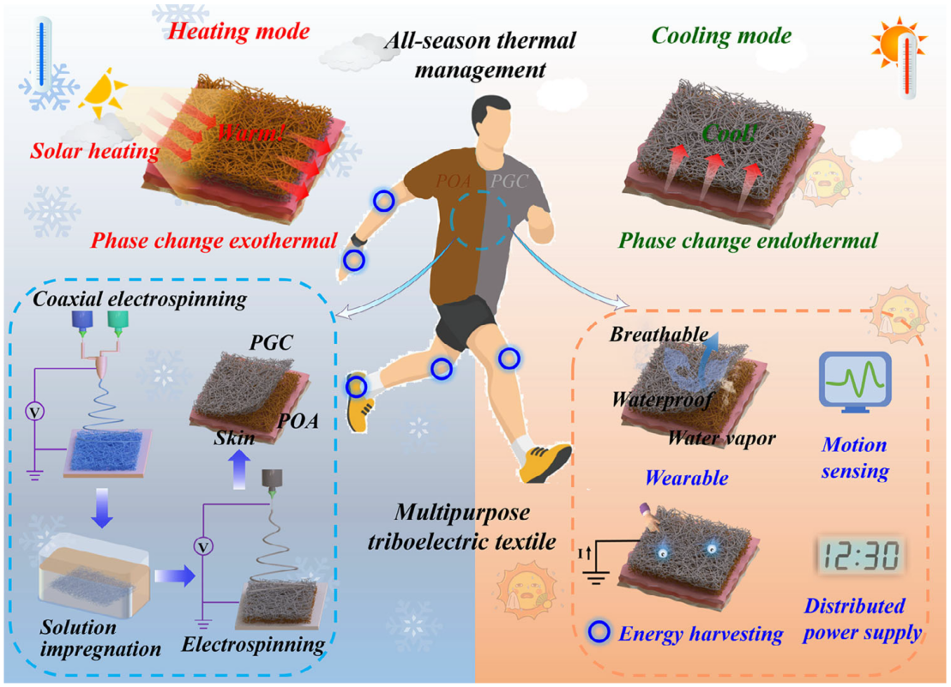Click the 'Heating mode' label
click(x=238, y=31)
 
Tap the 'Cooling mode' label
click(x=721, y=36)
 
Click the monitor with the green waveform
click(x=855, y=382)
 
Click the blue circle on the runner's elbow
click(x=383, y=201)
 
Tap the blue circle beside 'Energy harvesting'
click(x=599, y=632)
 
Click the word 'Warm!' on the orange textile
click(x=250, y=131)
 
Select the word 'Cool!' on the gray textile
click(x=729, y=133)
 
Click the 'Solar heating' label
click(x=95, y=150)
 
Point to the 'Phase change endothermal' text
click(x=748, y=241)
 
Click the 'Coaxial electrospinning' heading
click(x=140, y=299)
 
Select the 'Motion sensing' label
click(x=855, y=458)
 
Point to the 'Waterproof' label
click(x=662, y=400)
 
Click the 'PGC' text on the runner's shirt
click(x=509, y=181)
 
